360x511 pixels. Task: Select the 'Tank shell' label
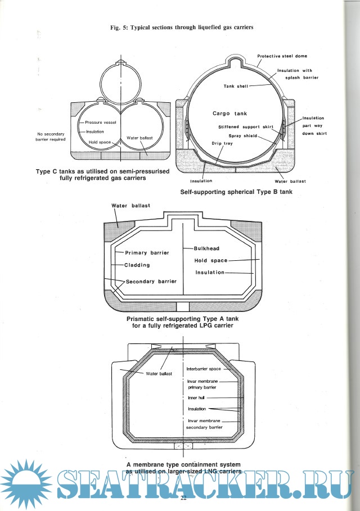[x=235, y=87]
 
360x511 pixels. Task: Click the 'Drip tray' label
[x=222, y=143]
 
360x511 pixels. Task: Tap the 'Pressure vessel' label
[x=101, y=122]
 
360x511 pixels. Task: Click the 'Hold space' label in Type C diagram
[x=100, y=142]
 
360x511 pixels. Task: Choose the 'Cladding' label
[x=137, y=265]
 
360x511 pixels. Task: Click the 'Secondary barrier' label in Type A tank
[x=151, y=282]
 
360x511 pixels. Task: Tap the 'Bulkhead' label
[x=206, y=248]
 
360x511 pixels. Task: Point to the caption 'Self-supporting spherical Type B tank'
[x=236, y=192]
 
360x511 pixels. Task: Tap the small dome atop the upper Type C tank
[x=120, y=60]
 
